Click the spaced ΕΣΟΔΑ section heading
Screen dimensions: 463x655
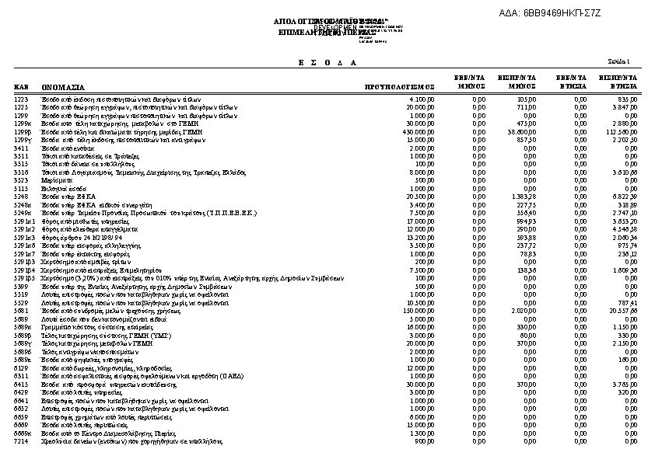pyautogui.click(x=327, y=62)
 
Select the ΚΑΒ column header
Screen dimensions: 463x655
pyautogui.click(x=21, y=88)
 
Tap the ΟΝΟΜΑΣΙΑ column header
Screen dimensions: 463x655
pyautogui.click(x=64, y=88)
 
